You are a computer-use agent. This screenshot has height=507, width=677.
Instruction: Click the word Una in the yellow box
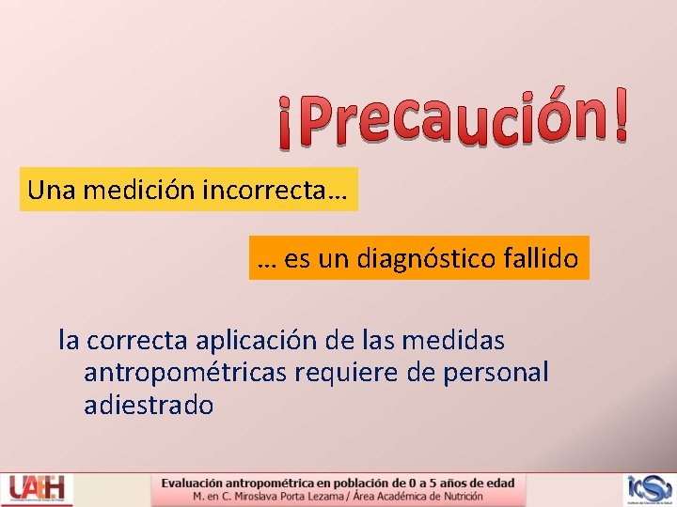point(52,190)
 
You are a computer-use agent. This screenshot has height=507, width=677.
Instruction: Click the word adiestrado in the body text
point(149,406)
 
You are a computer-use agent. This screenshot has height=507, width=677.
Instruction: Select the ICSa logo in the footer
point(650,489)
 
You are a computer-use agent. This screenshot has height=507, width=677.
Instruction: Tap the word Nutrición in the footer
point(458,496)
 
